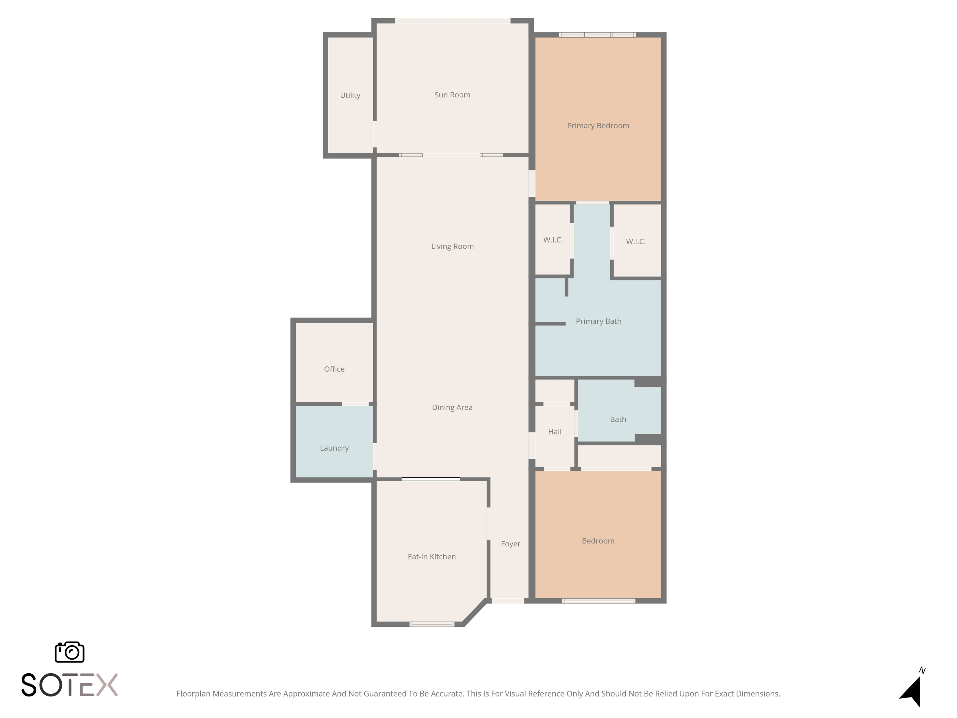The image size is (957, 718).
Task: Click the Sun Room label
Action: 452,95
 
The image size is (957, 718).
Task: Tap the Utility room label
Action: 350,95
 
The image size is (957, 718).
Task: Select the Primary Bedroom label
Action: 598,125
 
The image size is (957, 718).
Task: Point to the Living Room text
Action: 452,246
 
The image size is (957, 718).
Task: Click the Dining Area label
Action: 452,407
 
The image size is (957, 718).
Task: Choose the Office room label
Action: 334,369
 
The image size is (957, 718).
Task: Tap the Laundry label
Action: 334,448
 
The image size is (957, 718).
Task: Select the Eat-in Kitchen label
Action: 431,557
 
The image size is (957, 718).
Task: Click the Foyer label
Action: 510,543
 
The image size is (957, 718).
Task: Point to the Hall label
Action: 555,431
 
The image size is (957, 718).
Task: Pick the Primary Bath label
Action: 598,321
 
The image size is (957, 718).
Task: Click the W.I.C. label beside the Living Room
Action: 553,240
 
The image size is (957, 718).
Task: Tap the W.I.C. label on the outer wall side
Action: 635,242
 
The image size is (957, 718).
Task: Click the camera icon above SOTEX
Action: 70,652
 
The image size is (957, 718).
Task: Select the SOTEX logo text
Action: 70,685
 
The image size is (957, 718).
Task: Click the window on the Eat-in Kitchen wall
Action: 431,624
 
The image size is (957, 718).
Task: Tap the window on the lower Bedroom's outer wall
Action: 598,601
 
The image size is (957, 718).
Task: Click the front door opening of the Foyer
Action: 508,601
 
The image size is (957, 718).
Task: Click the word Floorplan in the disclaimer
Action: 193,694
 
